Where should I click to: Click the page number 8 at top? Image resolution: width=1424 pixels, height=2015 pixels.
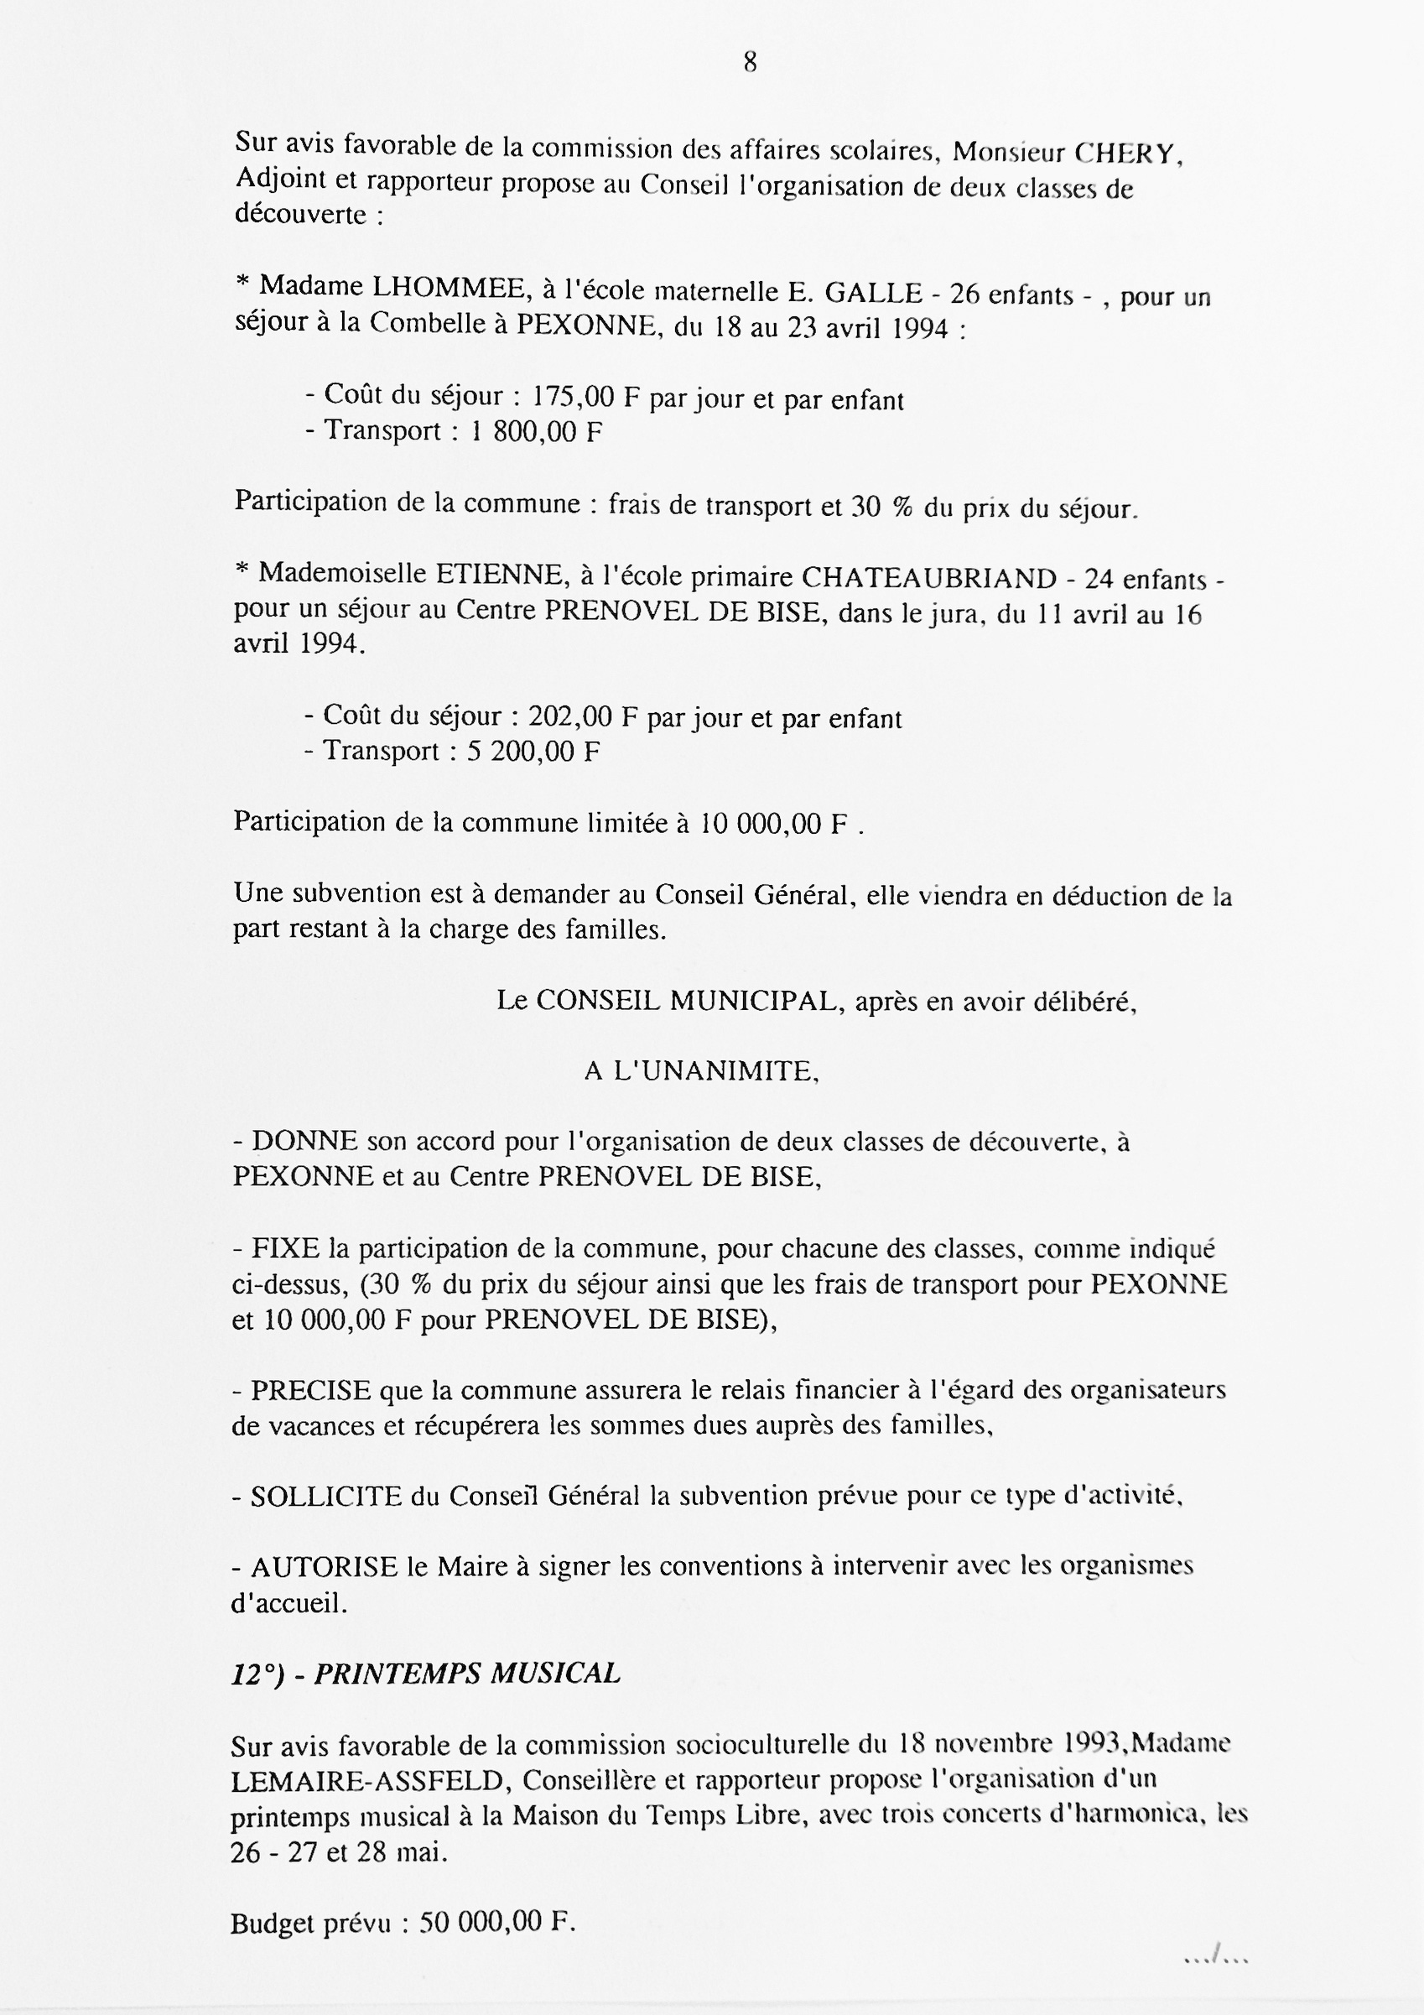pyautogui.click(x=751, y=63)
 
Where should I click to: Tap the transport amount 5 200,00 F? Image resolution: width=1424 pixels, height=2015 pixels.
pyautogui.click(x=533, y=752)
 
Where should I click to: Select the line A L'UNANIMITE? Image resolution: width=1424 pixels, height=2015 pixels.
pyautogui.click(x=701, y=1071)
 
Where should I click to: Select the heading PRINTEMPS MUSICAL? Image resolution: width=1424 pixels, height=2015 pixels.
pyautogui.click(x=467, y=1674)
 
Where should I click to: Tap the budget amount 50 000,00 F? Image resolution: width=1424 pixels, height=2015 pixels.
pyautogui.click(x=496, y=1924)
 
